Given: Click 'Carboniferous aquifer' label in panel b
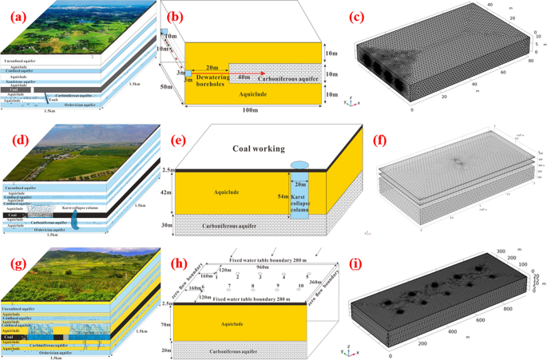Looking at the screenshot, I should (x=284, y=78).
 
